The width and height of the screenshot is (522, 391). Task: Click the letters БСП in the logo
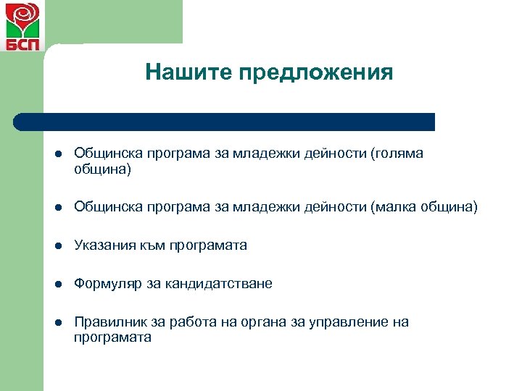[x=22, y=43]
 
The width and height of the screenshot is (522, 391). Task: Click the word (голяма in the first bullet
[x=397, y=154]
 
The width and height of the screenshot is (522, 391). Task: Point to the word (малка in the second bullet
[x=395, y=208]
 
